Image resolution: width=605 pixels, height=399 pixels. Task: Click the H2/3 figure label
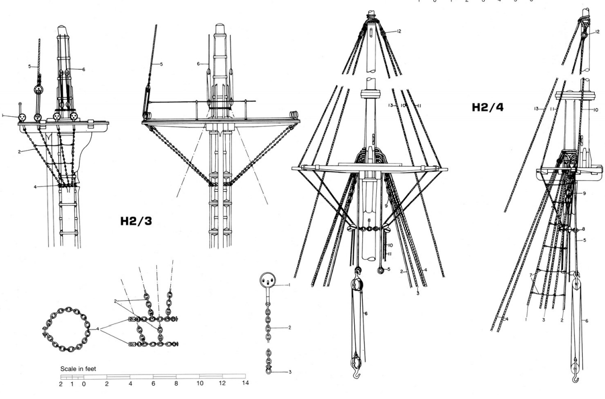[x=136, y=222]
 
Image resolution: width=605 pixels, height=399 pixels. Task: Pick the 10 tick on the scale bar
[x=200, y=384]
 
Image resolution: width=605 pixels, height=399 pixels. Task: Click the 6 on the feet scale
[x=153, y=384]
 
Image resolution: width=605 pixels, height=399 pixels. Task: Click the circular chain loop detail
[x=65, y=332]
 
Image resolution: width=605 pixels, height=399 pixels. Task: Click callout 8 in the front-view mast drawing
[x=369, y=220]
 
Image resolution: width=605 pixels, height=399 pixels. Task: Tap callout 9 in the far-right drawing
[x=585, y=194]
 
